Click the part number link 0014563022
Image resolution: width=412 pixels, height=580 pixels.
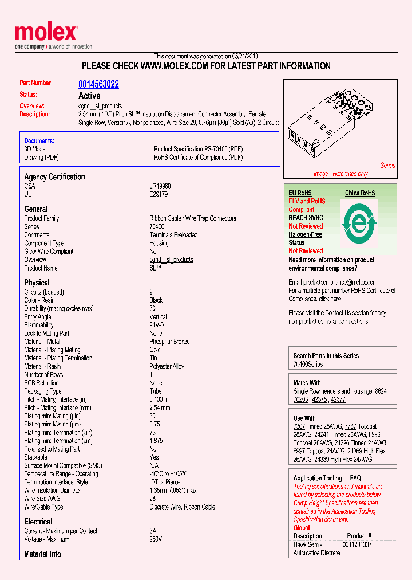[98, 84]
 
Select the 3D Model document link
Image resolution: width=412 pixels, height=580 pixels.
[35, 149]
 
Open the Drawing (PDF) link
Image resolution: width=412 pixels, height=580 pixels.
[41, 158]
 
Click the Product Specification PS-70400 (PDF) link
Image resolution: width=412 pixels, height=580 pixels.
[198, 149]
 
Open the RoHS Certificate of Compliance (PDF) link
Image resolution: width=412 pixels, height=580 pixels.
[198, 158]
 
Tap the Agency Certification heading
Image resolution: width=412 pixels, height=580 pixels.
[54, 177]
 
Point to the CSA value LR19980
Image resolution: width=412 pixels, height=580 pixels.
[160, 186]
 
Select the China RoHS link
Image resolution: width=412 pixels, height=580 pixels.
[359, 193]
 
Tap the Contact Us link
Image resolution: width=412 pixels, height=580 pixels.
[338, 313]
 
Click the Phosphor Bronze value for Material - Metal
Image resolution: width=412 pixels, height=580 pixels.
[169, 342]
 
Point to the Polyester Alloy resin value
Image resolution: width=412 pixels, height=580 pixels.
[167, 366]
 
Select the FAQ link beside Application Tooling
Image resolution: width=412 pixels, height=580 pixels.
[355, 478]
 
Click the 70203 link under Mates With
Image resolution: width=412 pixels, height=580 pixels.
[300, 399]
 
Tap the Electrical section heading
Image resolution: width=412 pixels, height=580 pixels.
[38, 522]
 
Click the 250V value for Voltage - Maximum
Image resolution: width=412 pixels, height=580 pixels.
[156, 539]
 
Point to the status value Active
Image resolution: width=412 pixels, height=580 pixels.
[89, 96]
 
